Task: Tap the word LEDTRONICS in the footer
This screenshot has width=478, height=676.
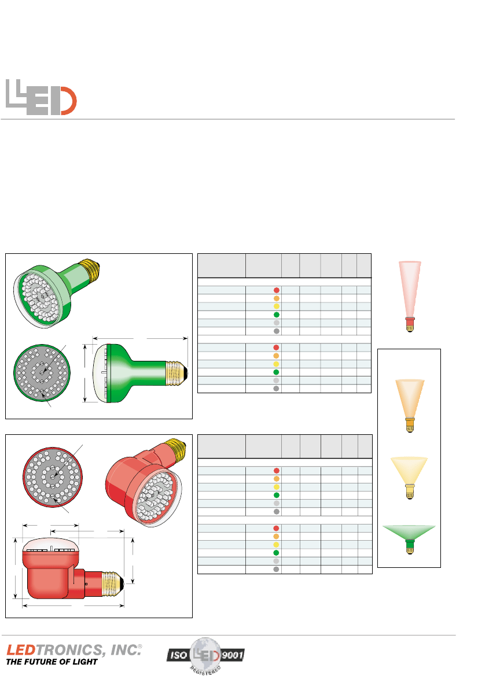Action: coord(55,650)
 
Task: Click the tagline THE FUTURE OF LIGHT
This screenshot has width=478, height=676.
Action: coord(52,662)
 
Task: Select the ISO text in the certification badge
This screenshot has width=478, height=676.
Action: coord(178,655)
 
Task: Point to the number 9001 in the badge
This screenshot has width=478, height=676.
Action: coord(233,655)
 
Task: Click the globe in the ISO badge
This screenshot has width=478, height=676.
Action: coord(206,655)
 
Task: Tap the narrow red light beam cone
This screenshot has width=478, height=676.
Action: coord(410,289)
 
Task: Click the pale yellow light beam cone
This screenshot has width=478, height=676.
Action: coord(409,470)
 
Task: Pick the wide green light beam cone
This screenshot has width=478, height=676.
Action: coord(409,532)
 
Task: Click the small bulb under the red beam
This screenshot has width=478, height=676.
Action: coord(410,324)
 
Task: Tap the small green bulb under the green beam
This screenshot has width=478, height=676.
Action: coord(410,546)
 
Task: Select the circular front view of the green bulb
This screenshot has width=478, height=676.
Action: coord(42,372)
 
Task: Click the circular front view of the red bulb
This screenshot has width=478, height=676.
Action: coord(53,477)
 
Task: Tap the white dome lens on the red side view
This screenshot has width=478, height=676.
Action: coord(52,545)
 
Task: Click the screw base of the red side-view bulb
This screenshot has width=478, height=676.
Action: coord(113,583)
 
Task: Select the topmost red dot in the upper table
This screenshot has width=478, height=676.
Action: coord(277,290)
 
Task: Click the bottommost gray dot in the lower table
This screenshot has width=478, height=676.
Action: coord(277,570)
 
